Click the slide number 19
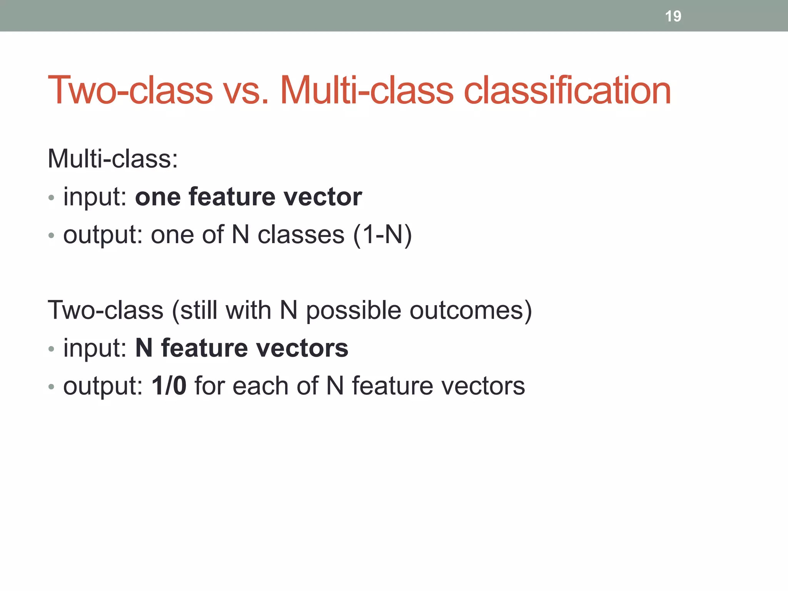coord(673,16)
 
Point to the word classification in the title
coord(567,91)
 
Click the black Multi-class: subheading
coord(113,159)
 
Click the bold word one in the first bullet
coord(158,197)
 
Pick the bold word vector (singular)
coord(322,197)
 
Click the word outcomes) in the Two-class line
coord(471,310)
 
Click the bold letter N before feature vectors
coord(144,348)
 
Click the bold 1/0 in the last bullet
coord(169,386)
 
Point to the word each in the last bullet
coord(260,386)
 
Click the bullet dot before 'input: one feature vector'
coord(52,198)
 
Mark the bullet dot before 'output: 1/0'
coord(52,387)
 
